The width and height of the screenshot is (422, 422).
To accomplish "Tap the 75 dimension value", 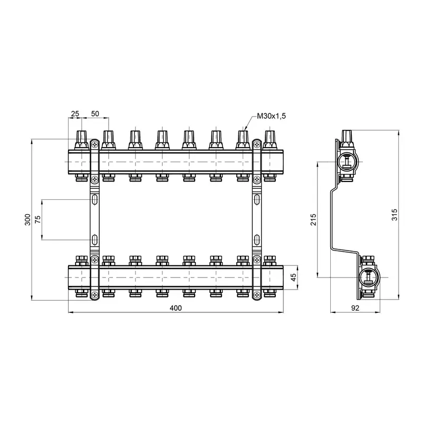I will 37,220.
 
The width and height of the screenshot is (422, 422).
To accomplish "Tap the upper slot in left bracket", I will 94,200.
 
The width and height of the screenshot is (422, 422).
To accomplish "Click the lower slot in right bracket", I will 256,240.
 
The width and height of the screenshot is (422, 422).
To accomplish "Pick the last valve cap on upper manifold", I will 270,139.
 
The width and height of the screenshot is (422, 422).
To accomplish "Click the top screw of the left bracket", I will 94,143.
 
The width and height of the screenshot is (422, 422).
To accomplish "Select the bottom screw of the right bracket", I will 256,295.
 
